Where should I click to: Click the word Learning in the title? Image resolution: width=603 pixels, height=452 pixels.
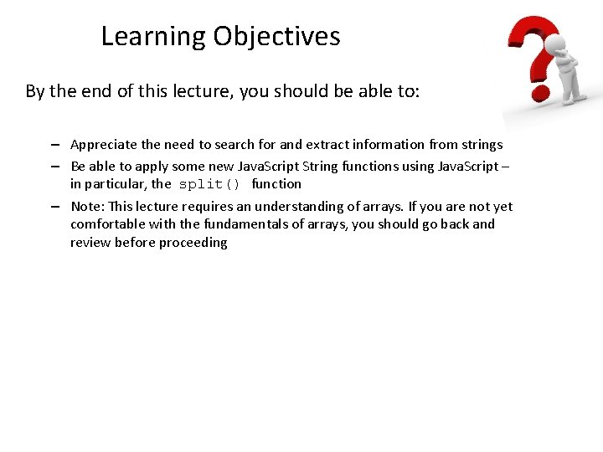click(153, 37)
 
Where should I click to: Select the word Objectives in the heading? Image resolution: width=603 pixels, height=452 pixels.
click(276, 37)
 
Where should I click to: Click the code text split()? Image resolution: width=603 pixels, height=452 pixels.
click(209, 184)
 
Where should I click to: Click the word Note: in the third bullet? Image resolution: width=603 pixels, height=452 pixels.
click(86, 207)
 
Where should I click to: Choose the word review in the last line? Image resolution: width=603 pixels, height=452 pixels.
click(90, 243)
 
